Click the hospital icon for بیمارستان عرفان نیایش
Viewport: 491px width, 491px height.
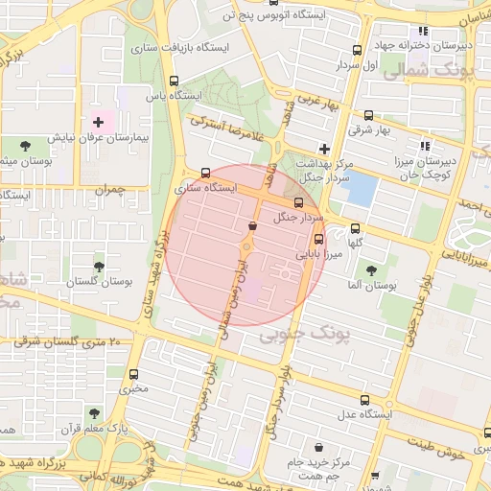pos(98,122)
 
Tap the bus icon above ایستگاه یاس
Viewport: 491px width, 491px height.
pos(174,82)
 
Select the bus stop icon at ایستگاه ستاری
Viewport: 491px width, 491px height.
pos(205,174)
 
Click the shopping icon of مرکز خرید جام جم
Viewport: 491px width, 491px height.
pos(318,448)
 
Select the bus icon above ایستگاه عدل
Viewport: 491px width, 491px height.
pos(363,399)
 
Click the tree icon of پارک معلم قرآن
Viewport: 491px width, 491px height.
pos(93,412)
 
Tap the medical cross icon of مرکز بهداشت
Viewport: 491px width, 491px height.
pos(325,149)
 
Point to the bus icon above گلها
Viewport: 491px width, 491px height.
pos(356,228)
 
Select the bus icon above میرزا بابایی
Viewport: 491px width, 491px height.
pos(318,240)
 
